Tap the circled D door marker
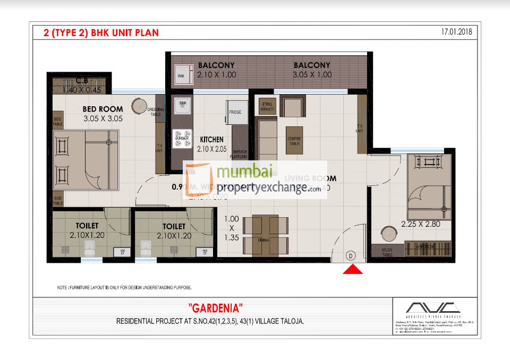(351, 255)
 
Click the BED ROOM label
(103, 109)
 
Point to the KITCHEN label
(211, 140)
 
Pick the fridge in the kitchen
(235, 113)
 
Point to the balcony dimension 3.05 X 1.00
(312, 75)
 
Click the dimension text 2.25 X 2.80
(421, 224)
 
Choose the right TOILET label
(174, 225)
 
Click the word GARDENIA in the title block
(216, 308)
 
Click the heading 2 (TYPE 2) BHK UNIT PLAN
(101, 33)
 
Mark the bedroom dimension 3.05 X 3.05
(103, 119)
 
